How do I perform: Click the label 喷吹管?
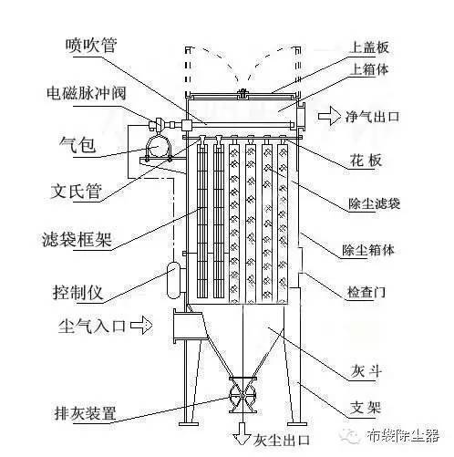(x=91, y=46)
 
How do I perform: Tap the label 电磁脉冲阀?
(x=87, y=92)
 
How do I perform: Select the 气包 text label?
(x=77, y=144)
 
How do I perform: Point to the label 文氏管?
(x=76, y=191)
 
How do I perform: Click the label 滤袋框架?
(x=77, y=239)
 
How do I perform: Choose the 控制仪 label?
(x=77, y=292)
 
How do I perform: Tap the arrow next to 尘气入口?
(x=141, y=326)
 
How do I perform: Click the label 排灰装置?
(x=86, y=413)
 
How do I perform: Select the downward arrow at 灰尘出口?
(x=242, y=433)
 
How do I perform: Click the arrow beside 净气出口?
(x=329, y=116)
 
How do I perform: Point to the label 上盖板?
(x=368, y=47)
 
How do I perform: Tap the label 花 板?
(x=366, y=160)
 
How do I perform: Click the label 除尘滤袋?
(x=374, y=203)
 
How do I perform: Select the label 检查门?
(x=366, y=292)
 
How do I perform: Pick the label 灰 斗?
(x=366, y=370)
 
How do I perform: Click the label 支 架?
(x=366, y=407)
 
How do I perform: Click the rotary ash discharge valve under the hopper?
(x=242, y=395)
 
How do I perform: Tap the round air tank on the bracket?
(x=159, y=147)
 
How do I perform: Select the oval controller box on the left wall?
(x=174, y=280)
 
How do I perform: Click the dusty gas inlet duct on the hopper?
(x=189, y=326)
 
